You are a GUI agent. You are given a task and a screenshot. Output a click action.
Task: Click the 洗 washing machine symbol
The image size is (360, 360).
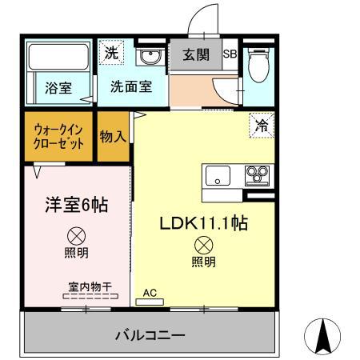point(111,53)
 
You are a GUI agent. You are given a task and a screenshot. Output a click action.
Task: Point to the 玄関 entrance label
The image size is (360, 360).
point(194,56)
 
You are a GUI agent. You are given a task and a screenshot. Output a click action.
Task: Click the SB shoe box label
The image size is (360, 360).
point(230,55)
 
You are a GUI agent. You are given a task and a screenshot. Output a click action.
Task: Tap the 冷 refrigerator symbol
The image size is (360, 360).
point(261,124)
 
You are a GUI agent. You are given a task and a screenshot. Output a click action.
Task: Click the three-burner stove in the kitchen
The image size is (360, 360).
point(258,174)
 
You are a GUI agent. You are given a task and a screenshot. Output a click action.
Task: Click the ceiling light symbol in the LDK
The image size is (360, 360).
point(203,246)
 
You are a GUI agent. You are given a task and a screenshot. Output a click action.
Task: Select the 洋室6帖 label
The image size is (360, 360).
point(76,205)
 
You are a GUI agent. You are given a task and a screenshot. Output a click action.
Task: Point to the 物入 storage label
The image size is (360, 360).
point(113,137)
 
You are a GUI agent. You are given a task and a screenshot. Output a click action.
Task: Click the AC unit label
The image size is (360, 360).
point(150,294)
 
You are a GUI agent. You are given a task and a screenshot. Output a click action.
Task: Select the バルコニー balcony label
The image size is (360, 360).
point(149,334)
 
